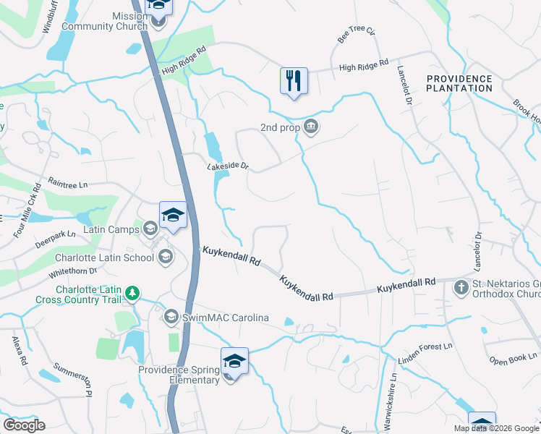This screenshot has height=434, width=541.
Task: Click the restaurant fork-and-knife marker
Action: [294, 80]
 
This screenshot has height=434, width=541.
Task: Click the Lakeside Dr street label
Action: [228, 167]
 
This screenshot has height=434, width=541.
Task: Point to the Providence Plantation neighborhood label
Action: [459, 83]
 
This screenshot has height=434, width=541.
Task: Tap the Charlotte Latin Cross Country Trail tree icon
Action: [132, 293]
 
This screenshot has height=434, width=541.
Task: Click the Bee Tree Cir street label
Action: [357, 33]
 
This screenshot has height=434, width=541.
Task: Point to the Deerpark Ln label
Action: [51, 234]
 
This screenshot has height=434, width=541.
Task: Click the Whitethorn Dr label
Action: [72, 271]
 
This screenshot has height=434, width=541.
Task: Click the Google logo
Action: [24, 425]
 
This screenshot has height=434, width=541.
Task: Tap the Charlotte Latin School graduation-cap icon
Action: [166, 256]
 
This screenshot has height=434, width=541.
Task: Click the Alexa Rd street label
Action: [19, 350]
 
